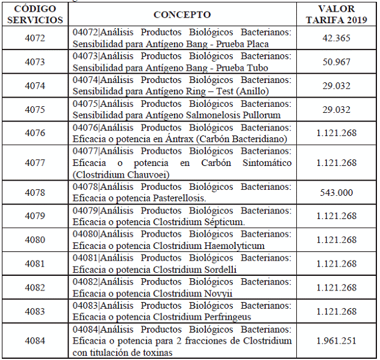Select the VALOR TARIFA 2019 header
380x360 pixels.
click(x=337, y=14)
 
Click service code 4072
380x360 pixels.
click(x=35, y=38)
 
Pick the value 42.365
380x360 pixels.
click(x=337, y=38)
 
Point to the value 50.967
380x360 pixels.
click(x=337, y=62)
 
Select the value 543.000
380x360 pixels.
click(x=337, y=193)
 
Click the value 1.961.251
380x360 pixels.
click(x=337, y=341)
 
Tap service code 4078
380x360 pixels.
click(x=35, y=193)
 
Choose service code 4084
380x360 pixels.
click(x=35, y=341)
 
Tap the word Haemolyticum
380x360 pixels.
click(x=234, y=246)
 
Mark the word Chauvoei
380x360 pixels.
click(x=143, y=175)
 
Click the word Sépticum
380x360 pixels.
click(x=223, y=222)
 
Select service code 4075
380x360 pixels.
click(x=35, y=110)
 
